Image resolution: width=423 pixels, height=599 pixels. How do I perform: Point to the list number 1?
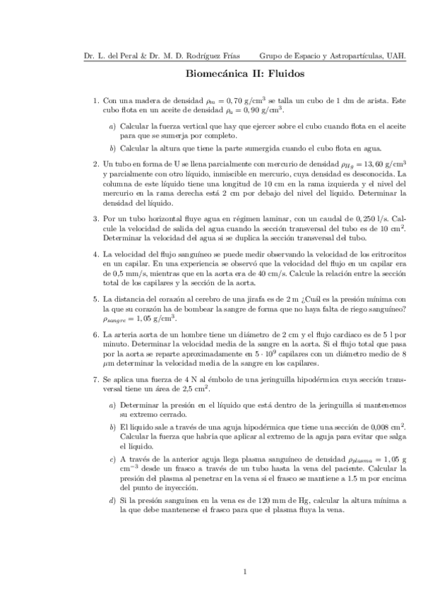pos(96,101)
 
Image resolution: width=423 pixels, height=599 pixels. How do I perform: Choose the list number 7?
pos(96,379)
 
